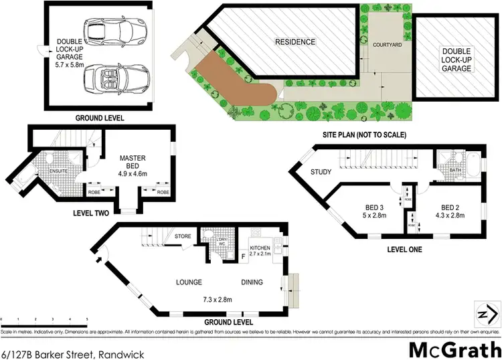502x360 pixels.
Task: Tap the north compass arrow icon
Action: click(486, 313)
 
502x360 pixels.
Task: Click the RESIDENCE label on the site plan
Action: click(295, 42)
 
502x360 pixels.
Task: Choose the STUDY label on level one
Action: click(321, 172)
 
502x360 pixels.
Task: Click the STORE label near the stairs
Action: click(183, 236)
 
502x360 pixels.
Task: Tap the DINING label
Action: click(252, 282)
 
